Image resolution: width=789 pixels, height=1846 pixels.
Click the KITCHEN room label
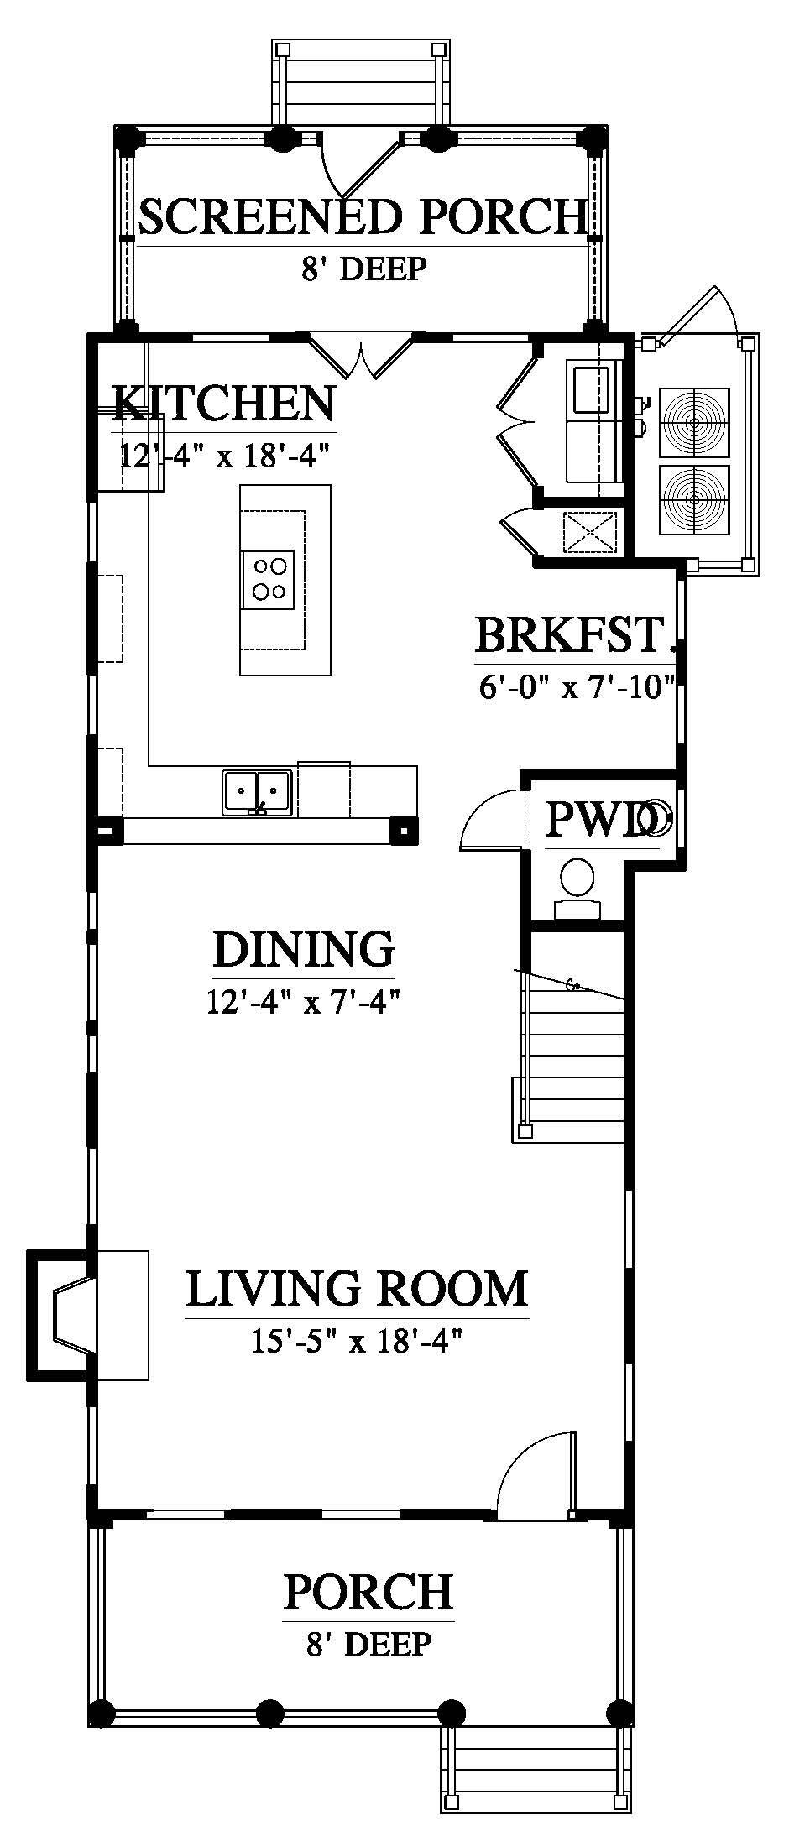tap(224, 404)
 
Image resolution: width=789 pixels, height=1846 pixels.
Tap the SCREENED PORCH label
tap(361, 216)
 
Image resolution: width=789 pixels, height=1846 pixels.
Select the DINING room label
tap(304, 950)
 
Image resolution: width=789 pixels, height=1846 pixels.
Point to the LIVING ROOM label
tap(357, 1289)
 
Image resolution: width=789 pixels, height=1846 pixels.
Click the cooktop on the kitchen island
tap(269, 580)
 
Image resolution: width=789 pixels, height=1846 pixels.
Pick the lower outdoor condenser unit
tap(695, 498)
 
